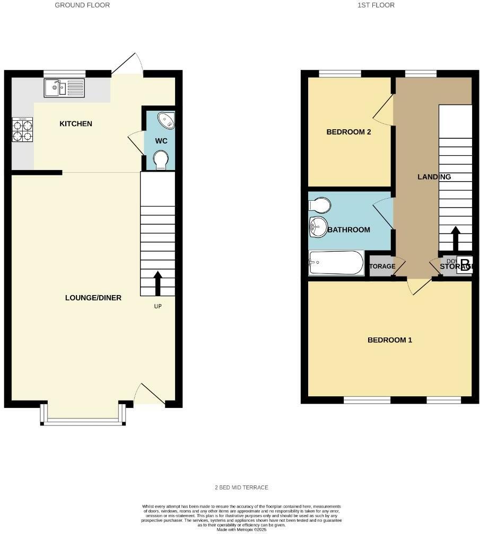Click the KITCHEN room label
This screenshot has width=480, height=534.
[76, 124]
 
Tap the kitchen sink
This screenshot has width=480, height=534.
[62, 87]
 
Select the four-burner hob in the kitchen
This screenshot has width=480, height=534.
[22, 130]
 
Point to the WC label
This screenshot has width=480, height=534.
[161, 141]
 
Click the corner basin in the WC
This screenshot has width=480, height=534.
[167, 121]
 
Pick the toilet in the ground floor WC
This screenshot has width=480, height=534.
[160, 159]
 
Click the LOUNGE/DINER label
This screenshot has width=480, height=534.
[93, 298]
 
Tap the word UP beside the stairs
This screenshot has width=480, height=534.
[158, 306]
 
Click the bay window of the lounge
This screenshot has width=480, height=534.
[83, 421]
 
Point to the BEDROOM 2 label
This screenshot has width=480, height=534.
[348, 132]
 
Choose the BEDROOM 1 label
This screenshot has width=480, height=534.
[390, 340]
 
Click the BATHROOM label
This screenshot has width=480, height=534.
[348, 230]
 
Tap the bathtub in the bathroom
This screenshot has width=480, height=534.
[336, 263]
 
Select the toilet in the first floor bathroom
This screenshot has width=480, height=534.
[320, 204]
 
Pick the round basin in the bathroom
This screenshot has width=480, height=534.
[318, 227]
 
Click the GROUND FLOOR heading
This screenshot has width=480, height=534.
[82, 5]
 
